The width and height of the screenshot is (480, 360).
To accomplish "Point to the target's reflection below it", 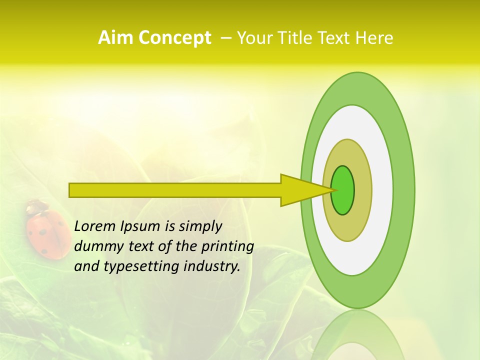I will (x=357, y=335).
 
